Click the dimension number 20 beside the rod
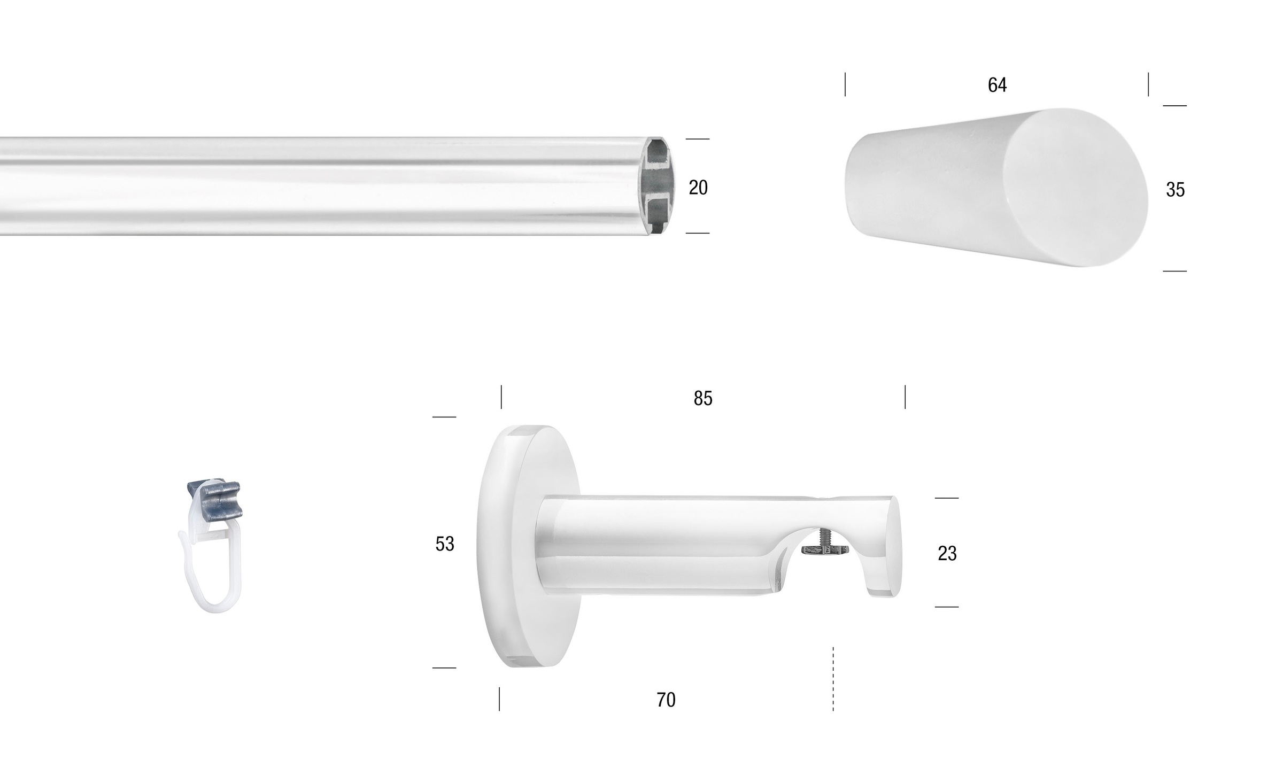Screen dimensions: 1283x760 (x=698, y=187)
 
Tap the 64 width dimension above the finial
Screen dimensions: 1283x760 (x=997, y=85)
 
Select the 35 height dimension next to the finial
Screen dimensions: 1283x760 (x=1175, y=190)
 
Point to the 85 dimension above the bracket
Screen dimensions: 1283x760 (x=703, y=398)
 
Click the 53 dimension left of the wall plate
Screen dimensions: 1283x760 (x=445, y=544)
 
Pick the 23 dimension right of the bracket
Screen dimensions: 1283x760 (x=947, y=553)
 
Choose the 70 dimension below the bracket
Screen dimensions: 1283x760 (x=666, y=700)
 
